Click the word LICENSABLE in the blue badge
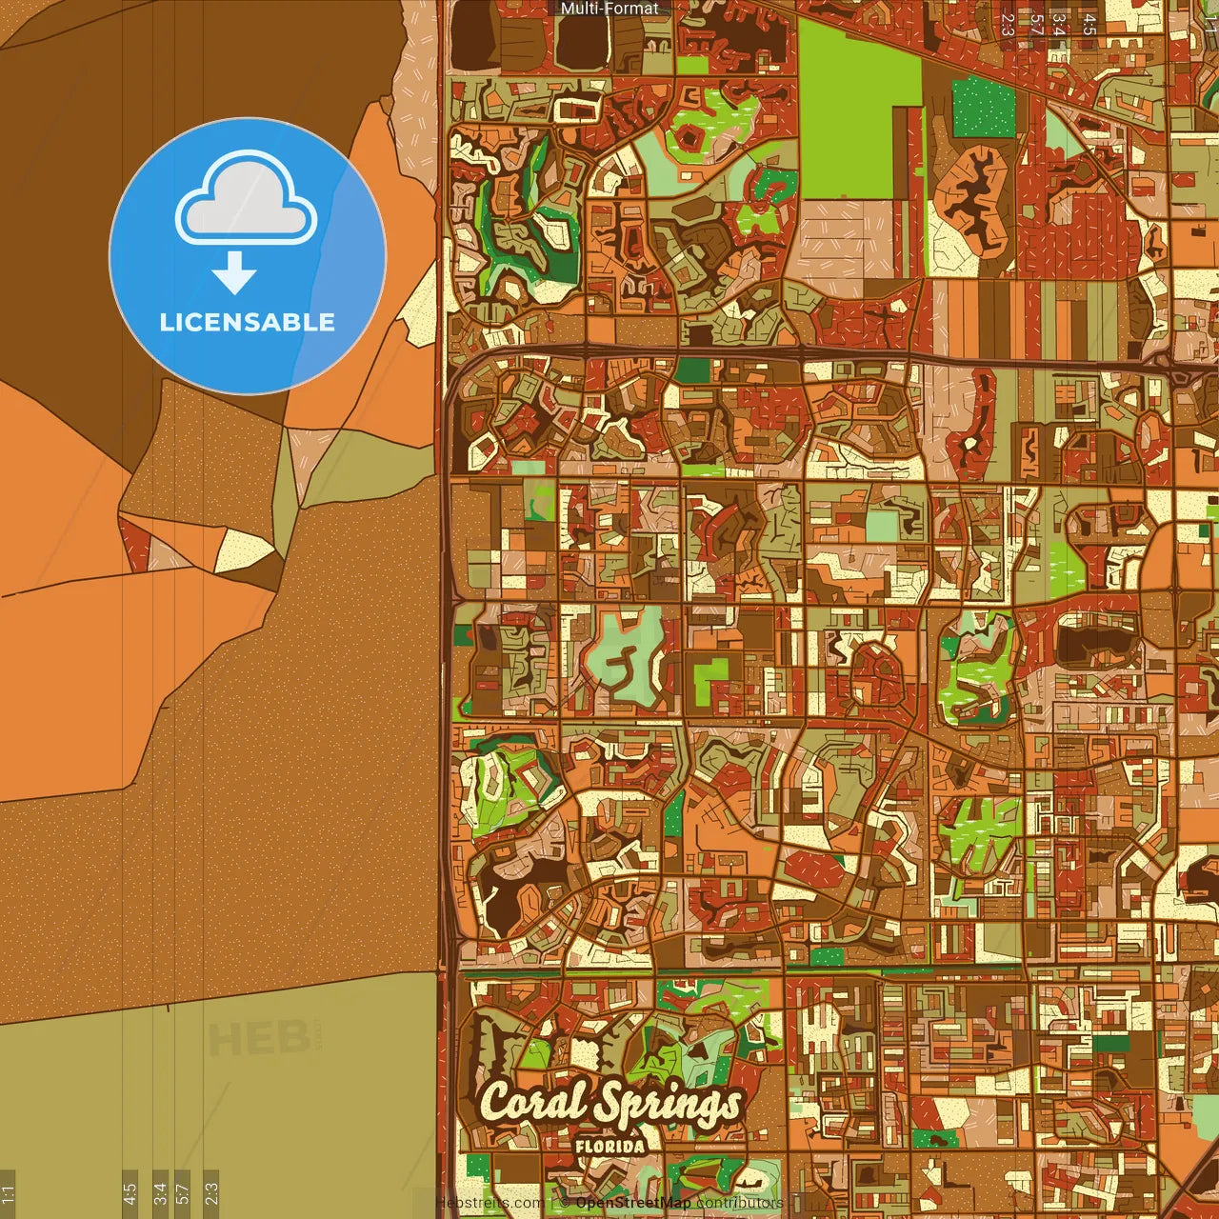(247, 322)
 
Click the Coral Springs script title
(609, 1103)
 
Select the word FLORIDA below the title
(609, 1147)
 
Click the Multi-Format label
(609, 9)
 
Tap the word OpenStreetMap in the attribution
(632, 1204)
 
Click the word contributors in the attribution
(739, 1204)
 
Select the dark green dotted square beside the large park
(984, 107)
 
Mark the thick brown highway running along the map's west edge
(443, 667)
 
